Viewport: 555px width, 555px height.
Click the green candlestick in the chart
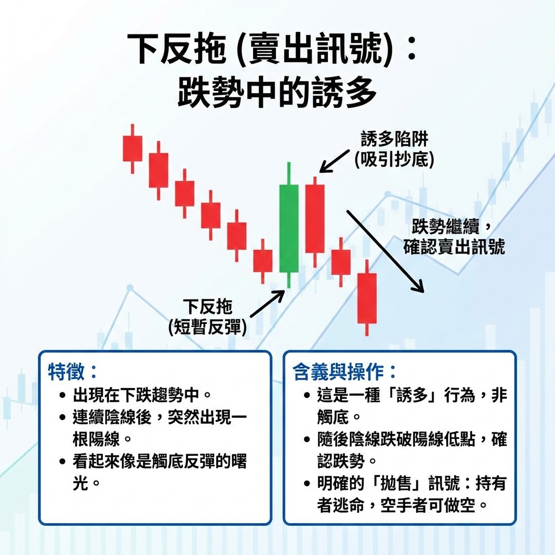pos(288,228)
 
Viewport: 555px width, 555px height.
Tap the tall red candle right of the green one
pos(315,218)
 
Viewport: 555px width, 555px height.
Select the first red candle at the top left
pos(132,149)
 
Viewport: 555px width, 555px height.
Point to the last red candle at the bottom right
pos(367,298)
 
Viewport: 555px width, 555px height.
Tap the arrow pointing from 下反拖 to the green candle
pos(267,304)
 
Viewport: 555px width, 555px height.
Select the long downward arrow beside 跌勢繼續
pos(384,250)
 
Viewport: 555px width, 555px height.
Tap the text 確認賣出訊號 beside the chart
pos(454,247)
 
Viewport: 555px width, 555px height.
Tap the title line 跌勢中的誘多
pos(277,92)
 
